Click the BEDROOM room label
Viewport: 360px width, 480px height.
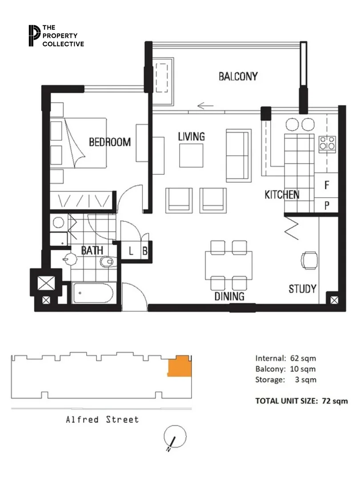(110, 142)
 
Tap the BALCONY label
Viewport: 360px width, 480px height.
(238, 76)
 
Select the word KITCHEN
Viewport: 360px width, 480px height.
(282, 195)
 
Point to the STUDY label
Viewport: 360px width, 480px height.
(302, 289)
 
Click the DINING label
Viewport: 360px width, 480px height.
(229, 296)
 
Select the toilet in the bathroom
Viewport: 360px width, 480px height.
(107, 262)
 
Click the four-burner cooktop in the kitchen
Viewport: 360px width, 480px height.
(327, 143)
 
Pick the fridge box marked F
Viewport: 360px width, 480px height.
(327, 185)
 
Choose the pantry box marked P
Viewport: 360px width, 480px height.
(327, 205)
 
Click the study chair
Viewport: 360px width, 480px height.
(309, 260)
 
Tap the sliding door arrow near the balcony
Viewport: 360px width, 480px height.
(205, 106)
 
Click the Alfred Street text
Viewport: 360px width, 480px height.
(102, 420)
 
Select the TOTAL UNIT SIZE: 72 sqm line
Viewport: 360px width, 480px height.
(301, 400)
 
